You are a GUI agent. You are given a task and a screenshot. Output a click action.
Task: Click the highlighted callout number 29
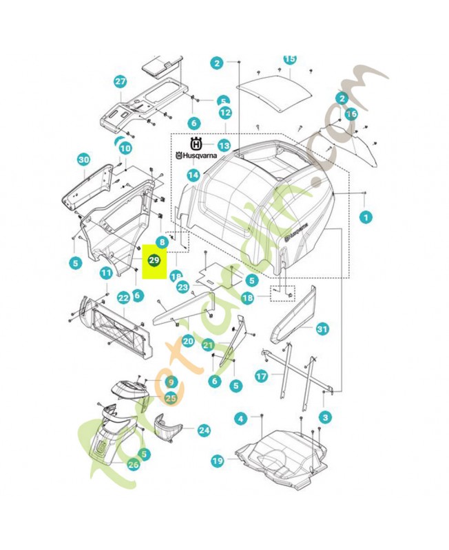154,261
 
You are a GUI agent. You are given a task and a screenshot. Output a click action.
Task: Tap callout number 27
121,82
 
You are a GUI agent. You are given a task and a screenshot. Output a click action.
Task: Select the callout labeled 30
83,159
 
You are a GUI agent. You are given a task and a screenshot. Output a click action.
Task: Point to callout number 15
289,60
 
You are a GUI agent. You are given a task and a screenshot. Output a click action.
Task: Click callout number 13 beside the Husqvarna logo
224,146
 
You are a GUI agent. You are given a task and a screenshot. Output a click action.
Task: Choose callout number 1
366,217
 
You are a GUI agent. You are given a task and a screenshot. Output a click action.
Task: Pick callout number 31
322,329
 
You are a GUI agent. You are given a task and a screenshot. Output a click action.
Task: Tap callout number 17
261,376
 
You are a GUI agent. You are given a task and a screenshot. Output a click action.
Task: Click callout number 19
218,461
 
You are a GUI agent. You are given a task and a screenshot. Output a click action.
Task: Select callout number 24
204,430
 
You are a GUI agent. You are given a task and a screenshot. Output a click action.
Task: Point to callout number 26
133,464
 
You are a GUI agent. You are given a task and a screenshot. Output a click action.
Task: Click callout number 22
123,298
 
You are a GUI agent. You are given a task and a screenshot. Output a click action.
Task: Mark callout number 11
105,274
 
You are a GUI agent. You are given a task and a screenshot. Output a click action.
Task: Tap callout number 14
194,175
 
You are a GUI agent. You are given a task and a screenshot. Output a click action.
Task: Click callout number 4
240,418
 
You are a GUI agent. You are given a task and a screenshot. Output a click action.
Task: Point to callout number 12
225,111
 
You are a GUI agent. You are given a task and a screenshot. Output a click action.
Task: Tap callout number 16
351,113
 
